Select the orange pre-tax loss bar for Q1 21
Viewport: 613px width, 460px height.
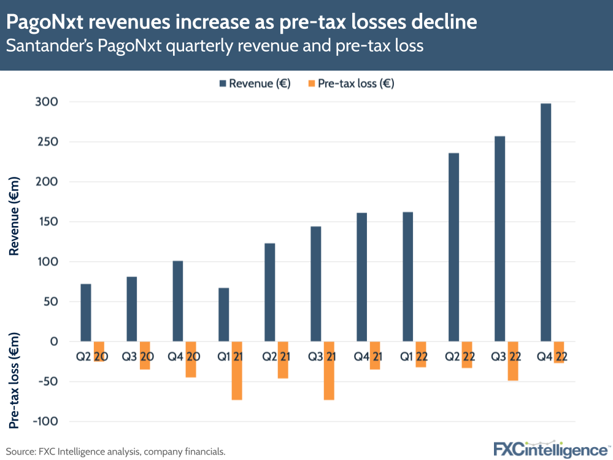[x=237, y=371]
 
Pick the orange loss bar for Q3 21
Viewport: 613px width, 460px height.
[x=329, y=371]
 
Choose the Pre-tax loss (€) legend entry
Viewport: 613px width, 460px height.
[x=349, y=84]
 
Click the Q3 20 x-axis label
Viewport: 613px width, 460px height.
[x=137, y=357]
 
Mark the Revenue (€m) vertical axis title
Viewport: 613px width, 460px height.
[x=15, y=216]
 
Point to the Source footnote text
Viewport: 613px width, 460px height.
[x=116, y=451]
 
